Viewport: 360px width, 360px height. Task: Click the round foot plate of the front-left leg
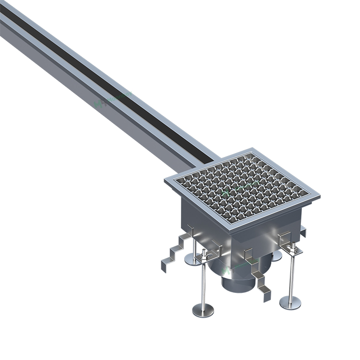click(203, 310)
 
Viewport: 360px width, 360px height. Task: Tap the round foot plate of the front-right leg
click(290, 302)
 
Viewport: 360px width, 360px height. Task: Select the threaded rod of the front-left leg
click(204, 283)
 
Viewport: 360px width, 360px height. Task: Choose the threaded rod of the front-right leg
click(291, 276)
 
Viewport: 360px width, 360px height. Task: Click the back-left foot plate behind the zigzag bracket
click(193, 260)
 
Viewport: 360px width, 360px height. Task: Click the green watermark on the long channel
click(101, 102)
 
